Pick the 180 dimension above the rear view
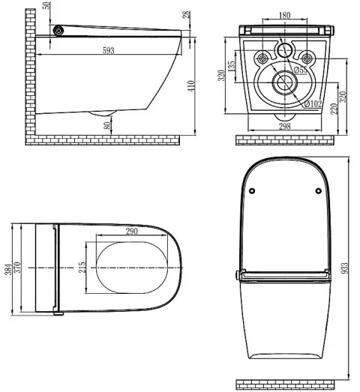point(283,16)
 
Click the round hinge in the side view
point(59,30)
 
